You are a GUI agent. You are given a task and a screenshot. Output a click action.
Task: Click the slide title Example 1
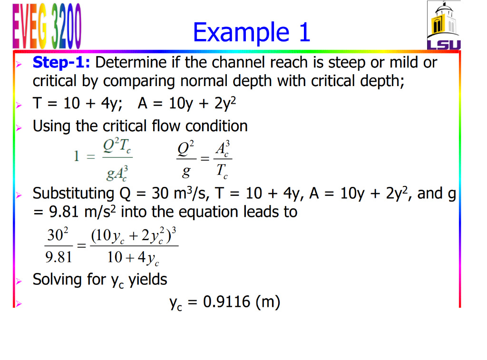point(252,32)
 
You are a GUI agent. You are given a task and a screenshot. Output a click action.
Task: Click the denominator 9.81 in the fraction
point(58,258)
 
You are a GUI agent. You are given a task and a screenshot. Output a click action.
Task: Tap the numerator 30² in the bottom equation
point(58,234)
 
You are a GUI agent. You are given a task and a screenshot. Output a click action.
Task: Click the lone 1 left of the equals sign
point(76,157)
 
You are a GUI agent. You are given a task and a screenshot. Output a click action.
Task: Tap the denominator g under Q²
point(186,172)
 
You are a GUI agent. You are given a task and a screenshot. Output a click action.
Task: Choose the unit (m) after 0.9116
point(268,302)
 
